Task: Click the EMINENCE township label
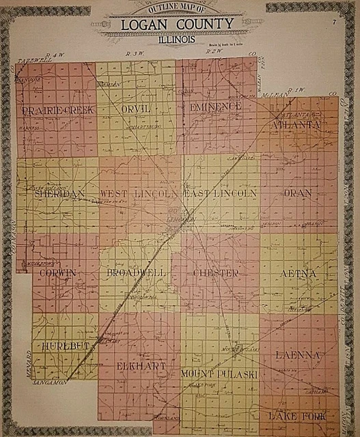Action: coord(216,108)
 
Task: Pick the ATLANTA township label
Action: coord(296,126)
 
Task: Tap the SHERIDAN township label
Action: coord(58,194)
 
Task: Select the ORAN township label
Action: coord(297,193)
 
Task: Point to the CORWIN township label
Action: coord(58,273)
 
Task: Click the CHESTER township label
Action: coord(216,273)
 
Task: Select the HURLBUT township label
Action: coord(66,346)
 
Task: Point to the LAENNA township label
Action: coord(299,355)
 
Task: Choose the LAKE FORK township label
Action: coord(297,416)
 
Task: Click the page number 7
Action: coord(333,23)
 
